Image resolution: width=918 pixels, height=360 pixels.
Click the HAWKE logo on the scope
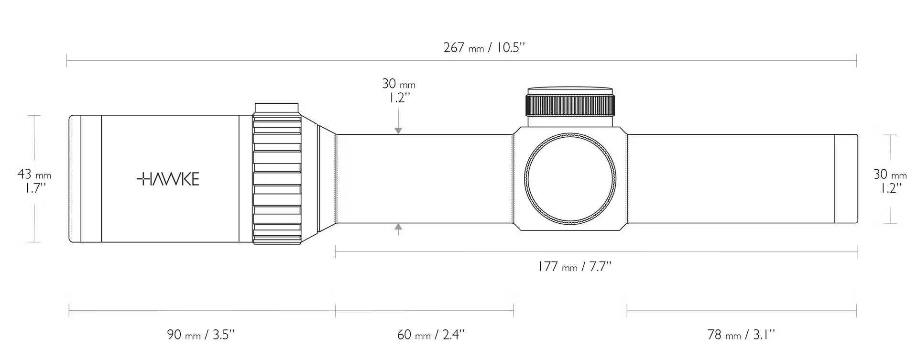168,179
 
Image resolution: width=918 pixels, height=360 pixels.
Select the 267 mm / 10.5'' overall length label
484,48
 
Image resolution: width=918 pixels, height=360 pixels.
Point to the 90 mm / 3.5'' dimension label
201,334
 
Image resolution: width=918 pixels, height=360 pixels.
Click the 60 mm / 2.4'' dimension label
431,334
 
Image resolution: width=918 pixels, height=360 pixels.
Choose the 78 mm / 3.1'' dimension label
741,334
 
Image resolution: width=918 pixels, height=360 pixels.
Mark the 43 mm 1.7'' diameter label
34,180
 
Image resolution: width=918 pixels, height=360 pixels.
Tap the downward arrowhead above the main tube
398,130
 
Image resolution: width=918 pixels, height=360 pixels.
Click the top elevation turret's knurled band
570,106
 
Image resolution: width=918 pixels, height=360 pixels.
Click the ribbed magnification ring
277,174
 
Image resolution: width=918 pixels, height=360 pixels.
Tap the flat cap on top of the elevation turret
570,91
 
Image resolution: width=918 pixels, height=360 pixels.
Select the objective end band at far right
846,179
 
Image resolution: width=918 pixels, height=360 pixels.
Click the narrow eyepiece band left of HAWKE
91,179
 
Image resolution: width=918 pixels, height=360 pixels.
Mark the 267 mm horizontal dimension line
461,61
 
